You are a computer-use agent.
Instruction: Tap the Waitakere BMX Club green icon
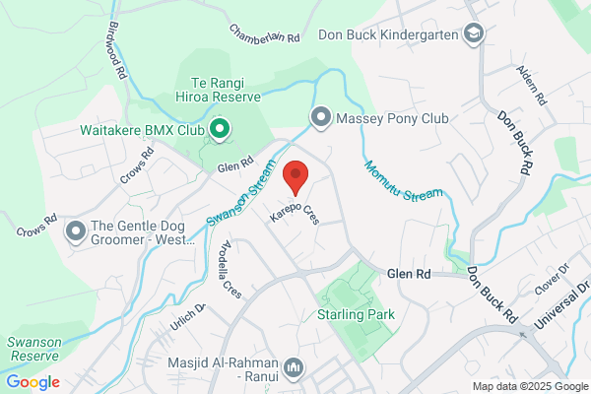pos(221,129)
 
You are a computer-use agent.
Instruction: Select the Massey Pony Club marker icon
pos(320,118)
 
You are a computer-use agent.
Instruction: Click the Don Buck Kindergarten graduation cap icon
pos(474,34)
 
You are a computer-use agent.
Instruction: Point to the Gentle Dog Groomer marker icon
pos(75,232)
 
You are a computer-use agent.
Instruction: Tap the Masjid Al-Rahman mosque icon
pos(293,369)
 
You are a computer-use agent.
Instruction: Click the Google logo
pos(33,382)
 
